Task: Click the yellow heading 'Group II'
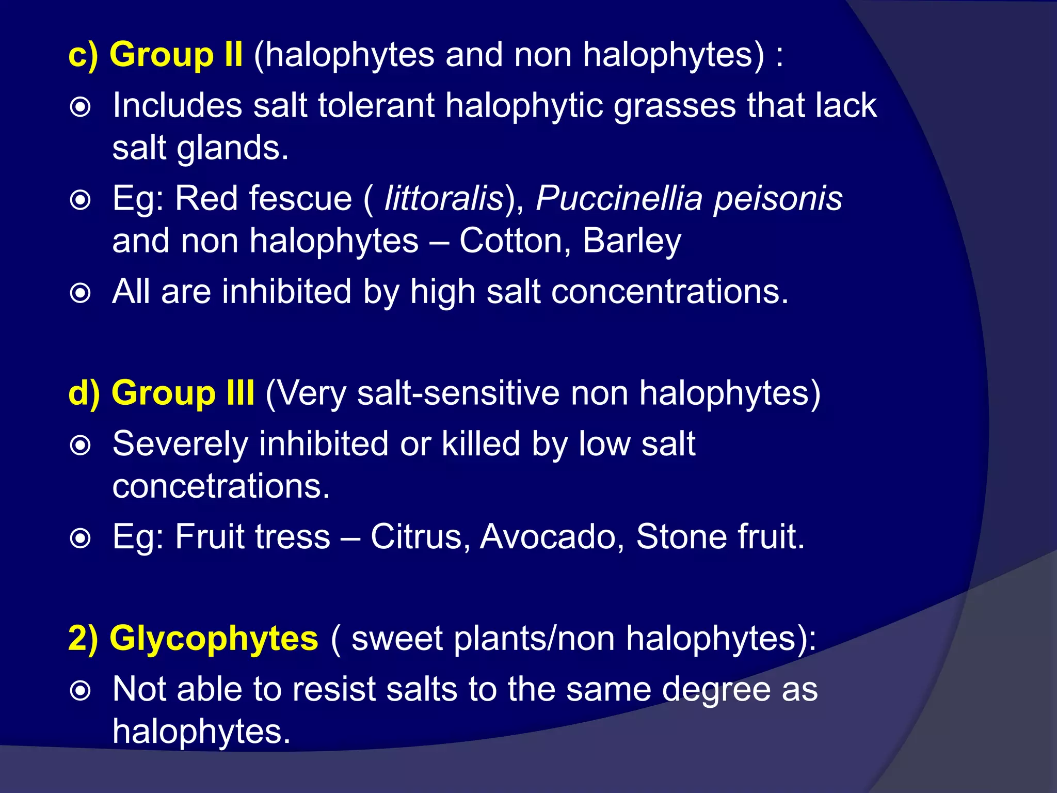[176, 54]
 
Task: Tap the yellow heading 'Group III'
[183, 393]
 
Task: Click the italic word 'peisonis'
[778, 199]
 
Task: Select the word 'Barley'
[632, 242]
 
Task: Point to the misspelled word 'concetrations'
[221, 486]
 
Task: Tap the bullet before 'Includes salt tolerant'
[81, 107]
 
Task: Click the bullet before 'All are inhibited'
[81, 293]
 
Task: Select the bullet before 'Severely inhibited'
[81, 446]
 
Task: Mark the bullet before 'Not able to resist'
[81, 691]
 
